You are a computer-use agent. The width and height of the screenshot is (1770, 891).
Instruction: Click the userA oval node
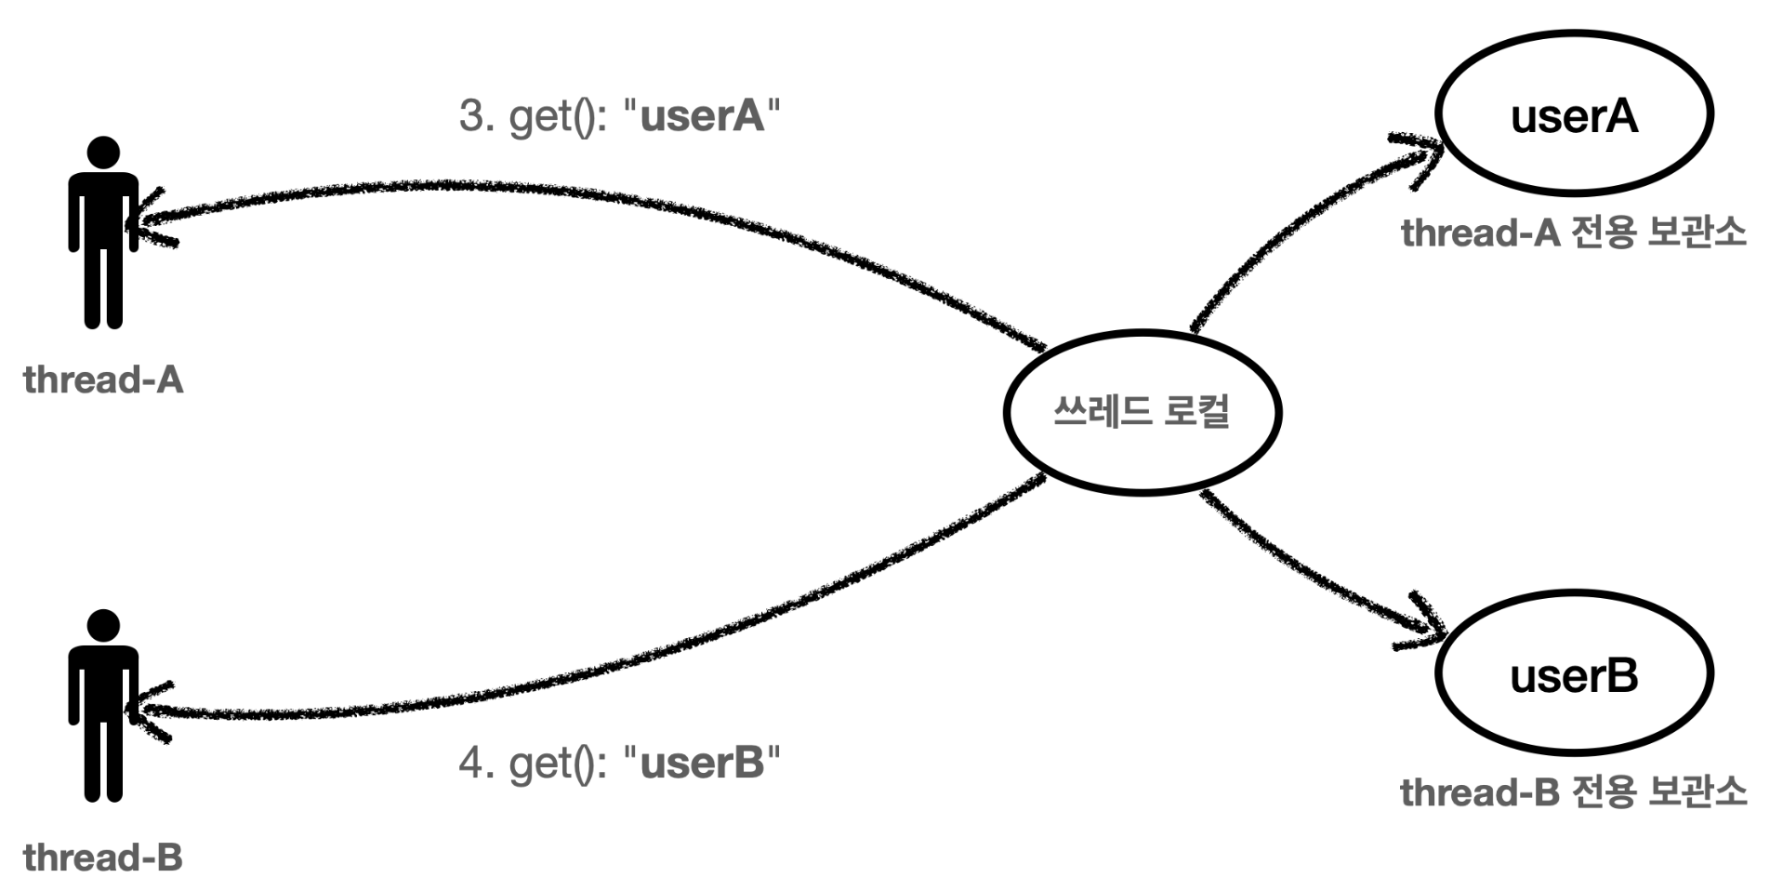pos(1574,113)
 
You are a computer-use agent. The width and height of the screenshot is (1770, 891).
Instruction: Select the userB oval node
pos(1574,673)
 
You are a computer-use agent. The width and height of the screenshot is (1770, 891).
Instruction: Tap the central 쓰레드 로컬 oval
pos(1142,410)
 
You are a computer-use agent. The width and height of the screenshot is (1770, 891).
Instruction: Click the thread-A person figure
pos(103,233)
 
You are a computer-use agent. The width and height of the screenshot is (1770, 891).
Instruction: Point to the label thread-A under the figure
pos(103,379)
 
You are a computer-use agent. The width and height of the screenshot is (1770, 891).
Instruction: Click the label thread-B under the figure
pos(103,857)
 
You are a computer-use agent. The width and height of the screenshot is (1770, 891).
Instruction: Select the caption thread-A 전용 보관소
pos(1573,233)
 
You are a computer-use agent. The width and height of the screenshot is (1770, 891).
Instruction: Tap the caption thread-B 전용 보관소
pos(1573,792)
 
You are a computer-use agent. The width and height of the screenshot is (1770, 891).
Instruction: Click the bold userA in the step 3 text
pos(703,116)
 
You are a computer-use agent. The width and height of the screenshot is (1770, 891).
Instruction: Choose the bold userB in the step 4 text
pos(703,763)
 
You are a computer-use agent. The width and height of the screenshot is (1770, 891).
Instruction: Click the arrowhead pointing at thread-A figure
pos(151,221)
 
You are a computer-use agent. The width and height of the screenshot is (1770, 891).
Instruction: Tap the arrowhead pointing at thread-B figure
pos(151,711)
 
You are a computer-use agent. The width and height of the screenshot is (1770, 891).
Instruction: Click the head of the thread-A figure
pos(103,153)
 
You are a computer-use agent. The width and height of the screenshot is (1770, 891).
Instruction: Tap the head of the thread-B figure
pos(103,625)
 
